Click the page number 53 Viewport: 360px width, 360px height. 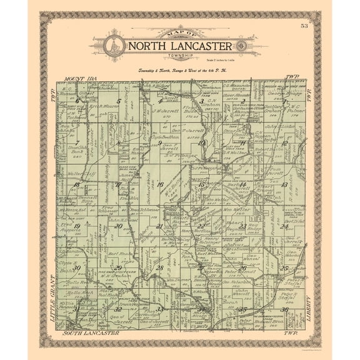(x=304, y=26)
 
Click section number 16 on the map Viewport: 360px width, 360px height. (x=160, y=184)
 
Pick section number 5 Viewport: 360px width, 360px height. (x=117, y=101)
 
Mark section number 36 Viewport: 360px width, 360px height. (x=285, y=309)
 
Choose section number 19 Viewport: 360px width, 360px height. (x=76, y=226)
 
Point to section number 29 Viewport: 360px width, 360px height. (x=118, y=267)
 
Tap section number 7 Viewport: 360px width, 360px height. (x=76, y=142)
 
